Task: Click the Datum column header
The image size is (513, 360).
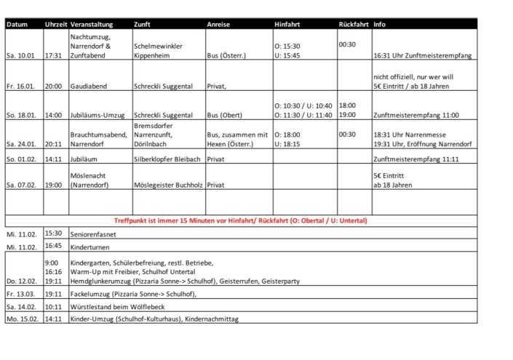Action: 17,24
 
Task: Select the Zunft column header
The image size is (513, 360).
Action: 143,24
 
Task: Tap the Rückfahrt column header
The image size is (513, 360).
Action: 354,24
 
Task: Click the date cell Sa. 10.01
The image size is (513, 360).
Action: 20,55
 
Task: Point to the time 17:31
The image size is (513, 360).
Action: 53,55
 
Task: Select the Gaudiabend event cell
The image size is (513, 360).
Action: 88,86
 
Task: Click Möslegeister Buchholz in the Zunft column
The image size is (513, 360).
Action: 169,185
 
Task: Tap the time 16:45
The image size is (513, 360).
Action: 53,246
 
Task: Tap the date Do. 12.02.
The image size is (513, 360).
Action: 21,280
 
